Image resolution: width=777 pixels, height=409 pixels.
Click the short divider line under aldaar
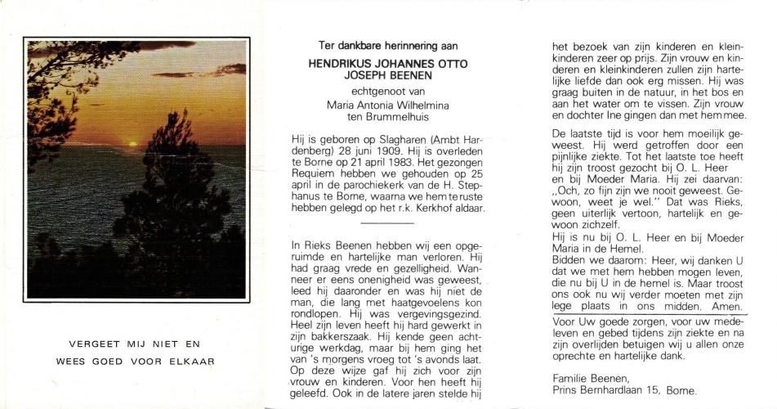387,222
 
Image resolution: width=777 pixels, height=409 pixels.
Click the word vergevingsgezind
426,313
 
